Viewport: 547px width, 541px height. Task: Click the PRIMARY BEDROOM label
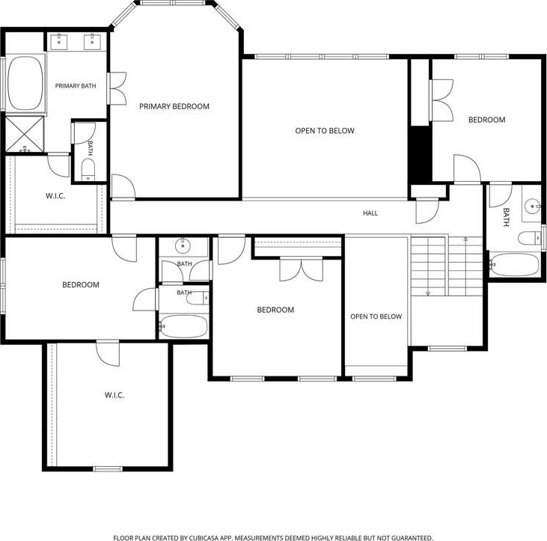pyautogui.click(x=174, y=106)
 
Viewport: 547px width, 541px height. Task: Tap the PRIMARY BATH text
pyautogui.click(x=76, y=86)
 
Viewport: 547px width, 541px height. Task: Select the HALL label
pyautogui.click(x=370, y=213)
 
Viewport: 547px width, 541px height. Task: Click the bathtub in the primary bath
pyautogui.click(x=25, y=83)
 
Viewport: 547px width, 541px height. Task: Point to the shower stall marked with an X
pyautogui.click(x=25, y=134)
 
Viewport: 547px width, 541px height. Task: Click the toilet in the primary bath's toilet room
pyautogui.click(x=88, y=170)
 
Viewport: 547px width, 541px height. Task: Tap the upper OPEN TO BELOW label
pyautogui.click(x=325, y=131)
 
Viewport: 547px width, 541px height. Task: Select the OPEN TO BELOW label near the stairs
pyautogui.click(x=376, y=317)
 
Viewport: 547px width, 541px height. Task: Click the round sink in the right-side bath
pyautogui.click(x=532, y=206)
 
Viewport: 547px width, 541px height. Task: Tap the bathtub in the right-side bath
pyautogui.click(x=515, y=265)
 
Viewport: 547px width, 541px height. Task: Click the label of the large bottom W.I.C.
pyautogui.click(x=114, y=395)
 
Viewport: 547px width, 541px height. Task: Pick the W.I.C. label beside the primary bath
pyautogui.click(x=55, y=196)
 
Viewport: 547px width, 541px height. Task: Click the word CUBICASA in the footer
pyautogui.click(x=204, y=538)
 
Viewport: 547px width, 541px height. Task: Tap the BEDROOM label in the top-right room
pyautogui.click(x=486, y=120)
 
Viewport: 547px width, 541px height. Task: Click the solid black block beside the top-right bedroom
pyautogui.click(x=420, y=154)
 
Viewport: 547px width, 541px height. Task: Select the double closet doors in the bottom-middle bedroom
pyautogui.click(x=302, y=269)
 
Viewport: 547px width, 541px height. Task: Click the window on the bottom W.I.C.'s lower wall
pyautogui.click(x=108, y=469)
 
